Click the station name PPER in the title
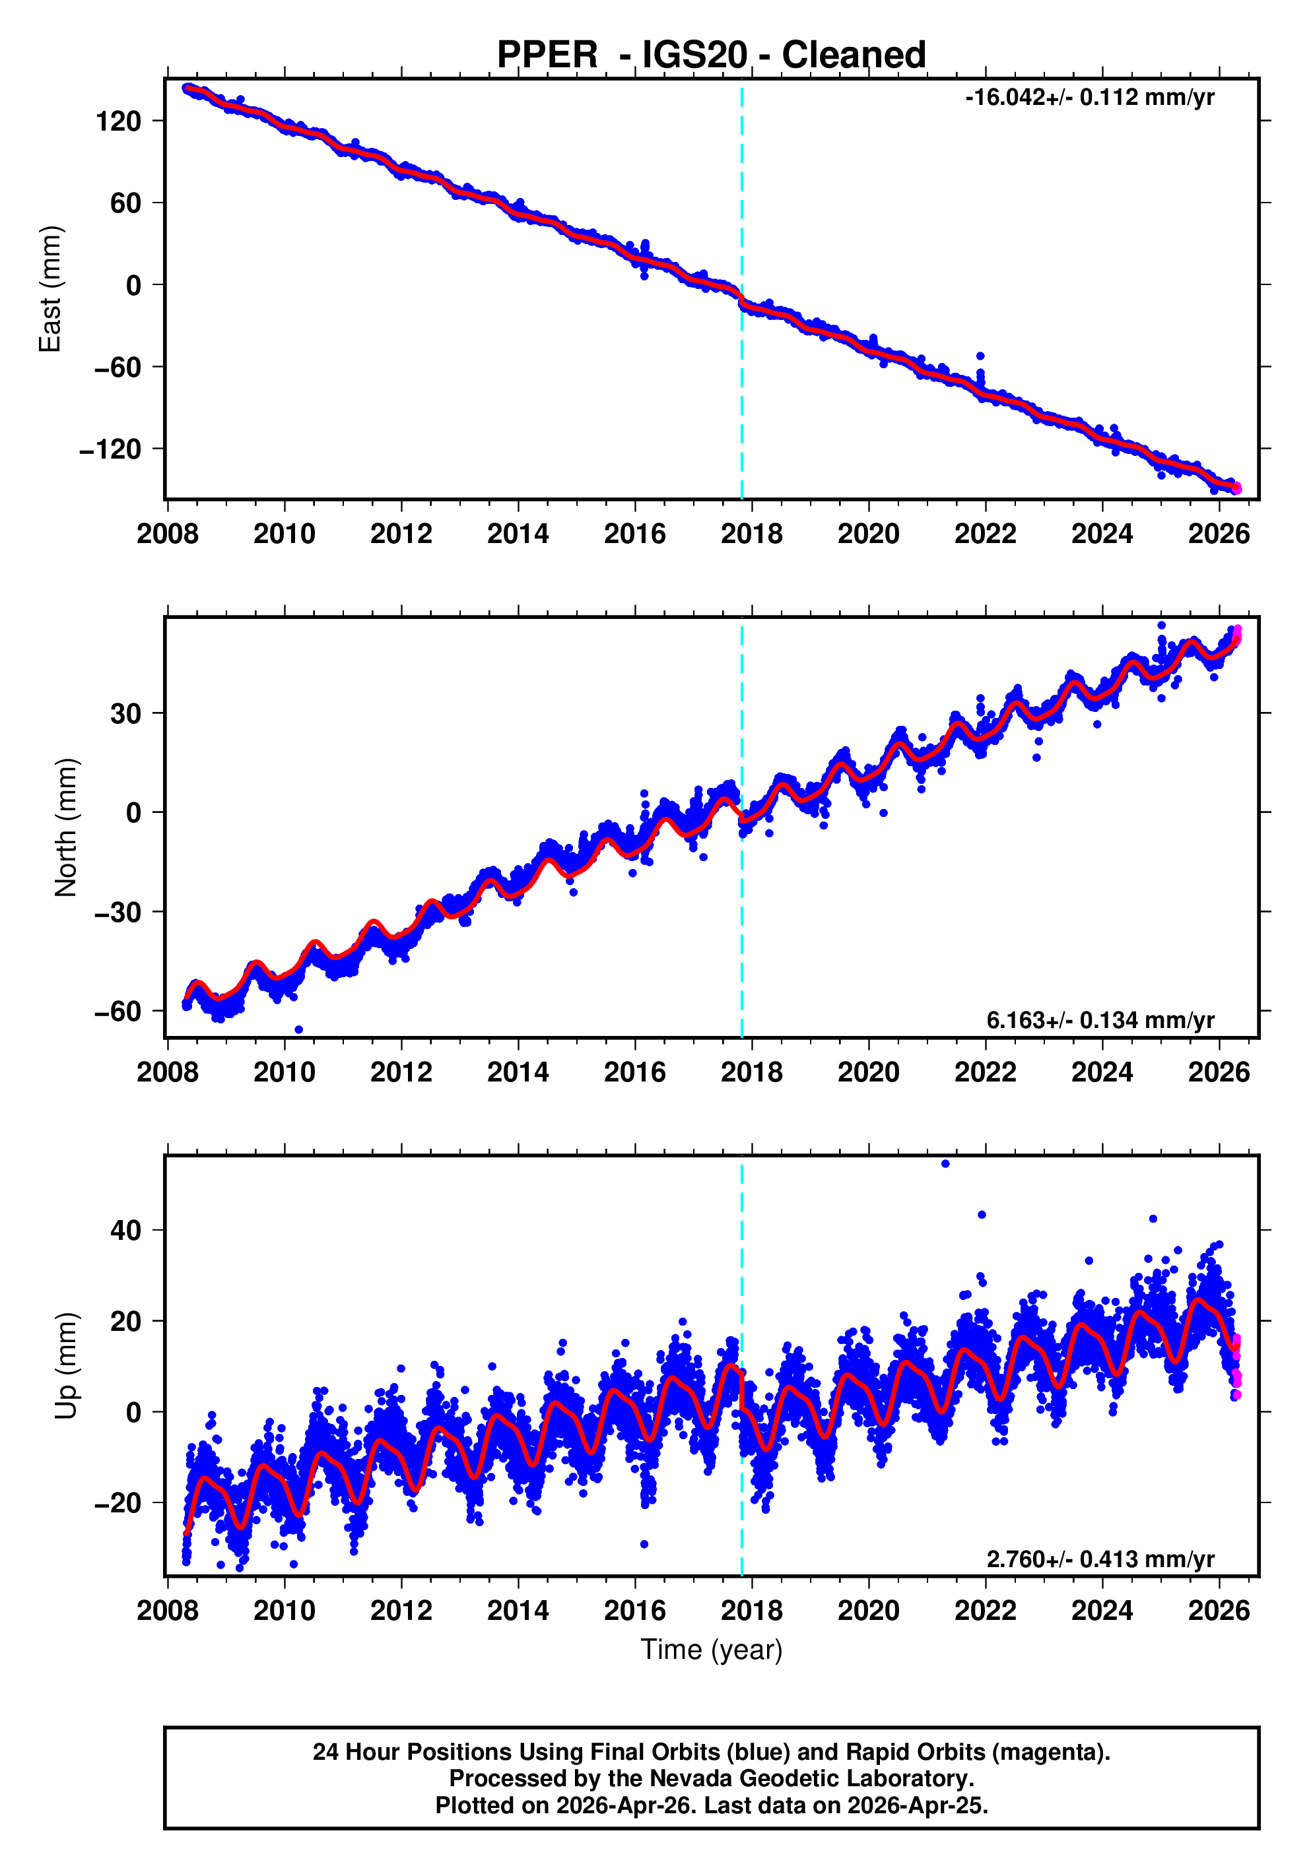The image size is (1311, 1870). click(x=547, y=55)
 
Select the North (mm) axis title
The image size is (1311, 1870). click(x=66, y=827)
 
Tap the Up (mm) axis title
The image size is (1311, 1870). click(x=66, y=1366)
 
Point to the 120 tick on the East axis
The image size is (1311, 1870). click(x=118, y=121)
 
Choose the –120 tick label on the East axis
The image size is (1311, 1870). click(x=110, y=449)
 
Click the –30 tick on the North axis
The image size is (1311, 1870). click(x=118, y=912)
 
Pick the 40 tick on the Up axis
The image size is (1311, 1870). click(x=125, y=1231)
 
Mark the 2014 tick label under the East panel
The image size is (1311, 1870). click(x=518, y=534)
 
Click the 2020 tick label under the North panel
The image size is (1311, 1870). click(x=868, y=1073)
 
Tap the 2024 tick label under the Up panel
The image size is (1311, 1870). click(x=1102, y=1611)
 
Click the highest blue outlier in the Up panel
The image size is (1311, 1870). click(x=945, y=1164)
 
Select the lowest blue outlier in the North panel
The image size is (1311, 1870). click(x=298, y=1029)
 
